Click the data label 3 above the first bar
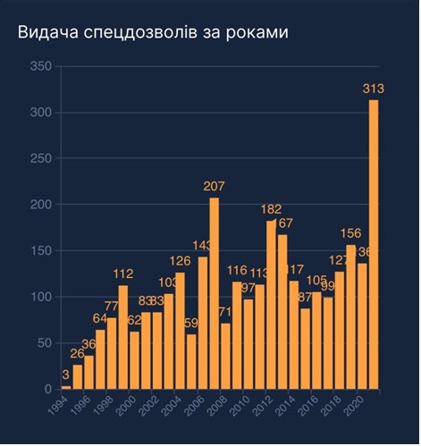pos(65,374)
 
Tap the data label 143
pos(203,245)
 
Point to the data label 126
pos(180,261)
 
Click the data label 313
pos(374,88)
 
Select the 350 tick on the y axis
pos(39,66)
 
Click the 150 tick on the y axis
pos(39,251)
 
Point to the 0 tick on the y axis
pos(46,390)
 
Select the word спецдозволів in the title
pos(142,33)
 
